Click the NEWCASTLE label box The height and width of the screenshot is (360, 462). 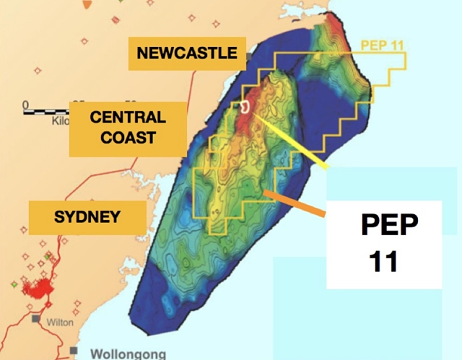click(x=186, y=53)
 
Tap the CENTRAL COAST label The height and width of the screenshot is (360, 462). click(x=128, y=127)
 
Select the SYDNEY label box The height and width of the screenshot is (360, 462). click(x=87, y=216)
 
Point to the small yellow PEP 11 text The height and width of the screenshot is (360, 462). click(x=382, y=45)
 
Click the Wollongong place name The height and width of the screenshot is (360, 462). click(x=128, y=354)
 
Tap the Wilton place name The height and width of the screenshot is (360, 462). click(x=60, y=322)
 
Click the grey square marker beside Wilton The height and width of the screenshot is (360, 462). click(x=35, y=318)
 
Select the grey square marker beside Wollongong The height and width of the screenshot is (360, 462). click(x=73, y=351)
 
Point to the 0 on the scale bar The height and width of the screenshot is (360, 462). click(x=25, y=104)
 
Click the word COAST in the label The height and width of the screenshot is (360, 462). click(x=128, y=136)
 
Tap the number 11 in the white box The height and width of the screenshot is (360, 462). click(x=384, y=261)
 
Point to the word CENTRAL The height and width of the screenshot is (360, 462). click(x=128, y=117)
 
